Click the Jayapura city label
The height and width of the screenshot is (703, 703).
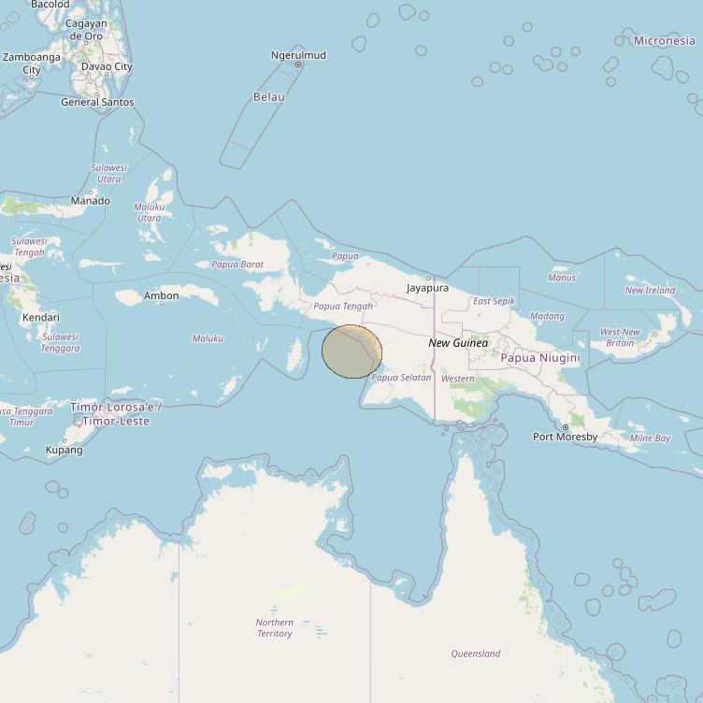(x=427, y=288)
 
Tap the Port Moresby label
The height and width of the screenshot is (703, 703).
(x=565, y=437)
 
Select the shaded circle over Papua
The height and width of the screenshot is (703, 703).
(x=351, y=351)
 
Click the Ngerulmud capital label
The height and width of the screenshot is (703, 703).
(x=298, y=55)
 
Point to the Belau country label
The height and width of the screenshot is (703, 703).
(x=269, y=96)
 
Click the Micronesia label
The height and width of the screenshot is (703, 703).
(x=664, y=40)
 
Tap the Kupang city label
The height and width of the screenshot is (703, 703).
(x=64, y=450)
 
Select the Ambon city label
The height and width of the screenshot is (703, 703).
(x=161, y=296)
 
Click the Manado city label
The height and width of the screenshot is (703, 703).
(x=91, y=200)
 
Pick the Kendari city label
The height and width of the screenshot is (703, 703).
(x=40, y=317)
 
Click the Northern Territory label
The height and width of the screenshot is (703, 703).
(x=275, y=628)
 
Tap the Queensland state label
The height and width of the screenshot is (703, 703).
(x=475, y=653)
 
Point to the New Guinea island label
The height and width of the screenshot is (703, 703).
(x=458, y=343)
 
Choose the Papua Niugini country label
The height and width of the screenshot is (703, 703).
(x=540, y=358)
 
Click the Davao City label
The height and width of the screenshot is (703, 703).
(x=107, y=66)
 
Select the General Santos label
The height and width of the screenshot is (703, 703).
(x=97, y=102)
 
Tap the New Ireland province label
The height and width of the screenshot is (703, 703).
(x=650, y=290)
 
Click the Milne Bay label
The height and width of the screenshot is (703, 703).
(x=650, y=438)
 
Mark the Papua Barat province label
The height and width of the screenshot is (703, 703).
(x=237, y=265)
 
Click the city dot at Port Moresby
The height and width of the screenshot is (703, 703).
(x=565, y=427)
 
